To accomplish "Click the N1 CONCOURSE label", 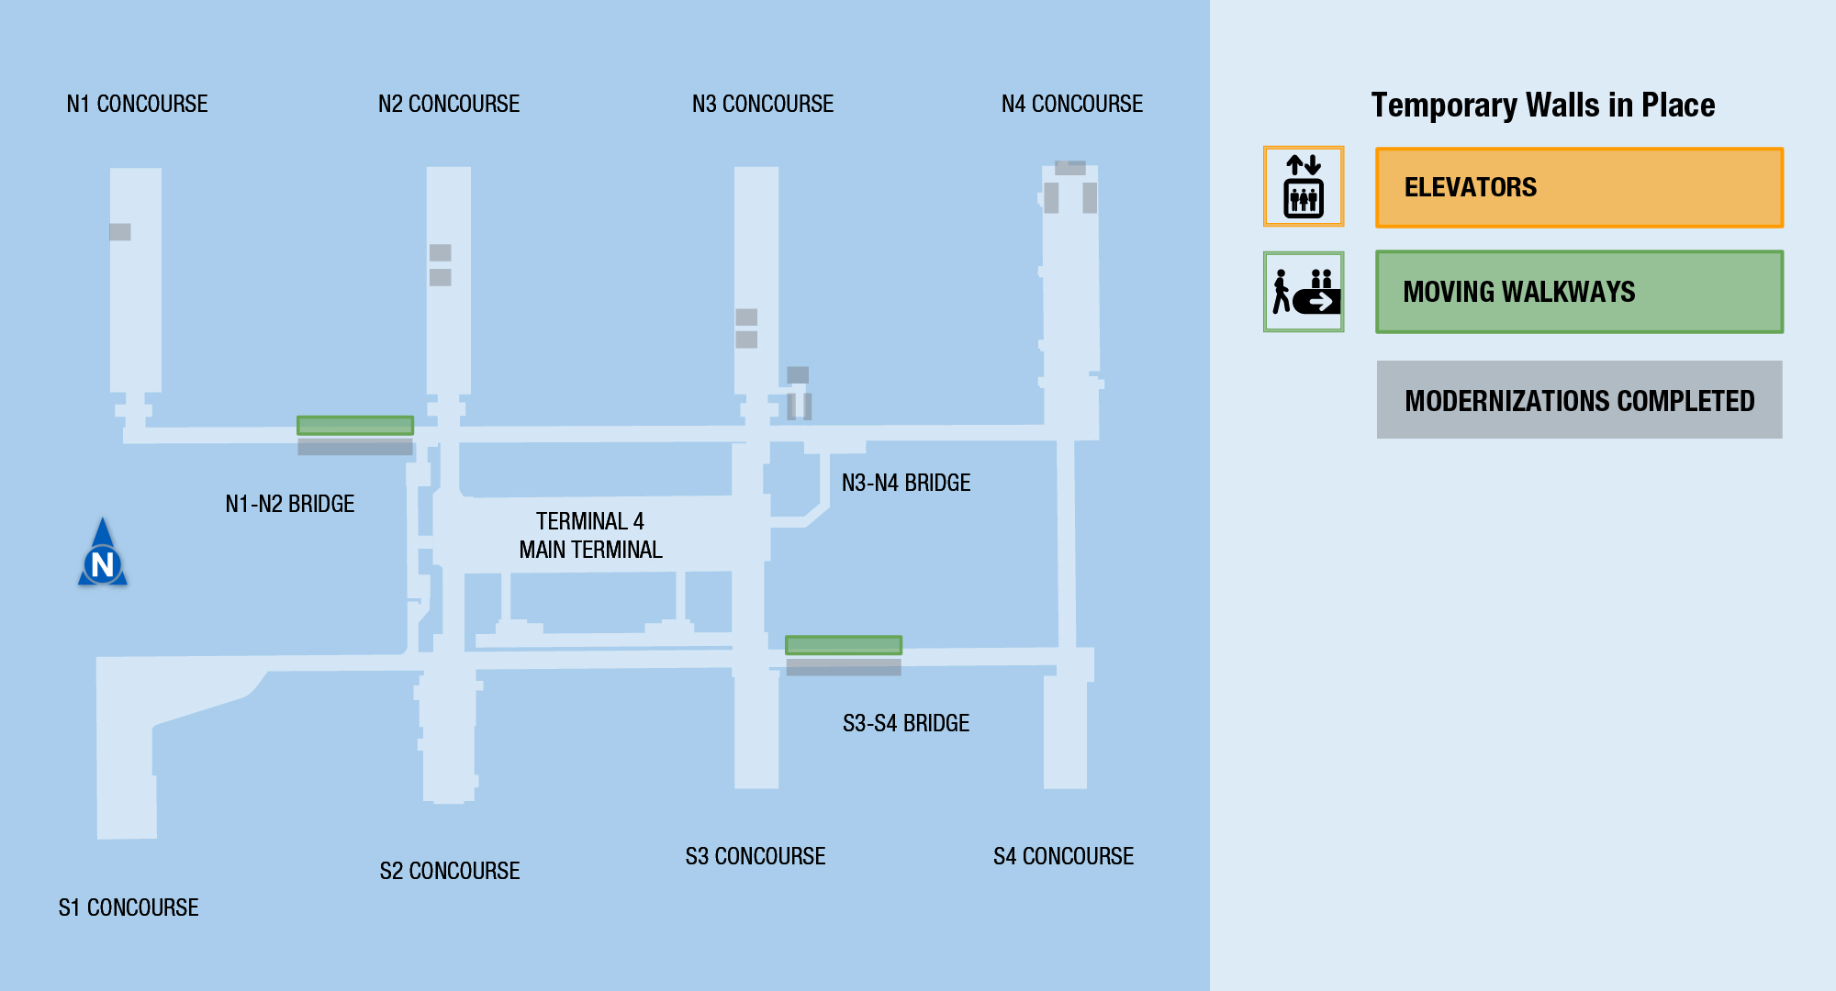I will tap(137, 105).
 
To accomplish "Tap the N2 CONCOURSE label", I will tap(449, 105).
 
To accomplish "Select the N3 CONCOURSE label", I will tap(763, 105).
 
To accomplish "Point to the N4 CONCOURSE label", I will tap(1072, 105).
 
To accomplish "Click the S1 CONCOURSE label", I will tap(129, 907).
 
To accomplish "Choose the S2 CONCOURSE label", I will tap(450, 871).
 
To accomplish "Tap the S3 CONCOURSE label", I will tap(756, 856).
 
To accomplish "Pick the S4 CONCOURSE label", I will tap(1063, 856).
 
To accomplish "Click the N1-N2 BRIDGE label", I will tap(290, 504).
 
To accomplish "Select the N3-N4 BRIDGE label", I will tap(906, 483).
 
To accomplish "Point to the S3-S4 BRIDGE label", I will tap(906, 723).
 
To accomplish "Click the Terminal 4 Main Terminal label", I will tap(590, 535).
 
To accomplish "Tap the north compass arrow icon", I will tap(103, 553).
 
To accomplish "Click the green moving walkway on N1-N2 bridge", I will tap(355, 426).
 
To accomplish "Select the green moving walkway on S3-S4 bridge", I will tap(844, 645).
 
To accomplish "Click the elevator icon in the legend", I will tap(1304, 186).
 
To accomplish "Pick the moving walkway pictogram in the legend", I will tap(1304, 292).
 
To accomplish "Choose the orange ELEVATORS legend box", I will tap(1579, 187).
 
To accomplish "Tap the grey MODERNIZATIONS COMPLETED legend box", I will tap(1579, 400).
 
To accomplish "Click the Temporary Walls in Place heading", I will tap(1543, 106).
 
